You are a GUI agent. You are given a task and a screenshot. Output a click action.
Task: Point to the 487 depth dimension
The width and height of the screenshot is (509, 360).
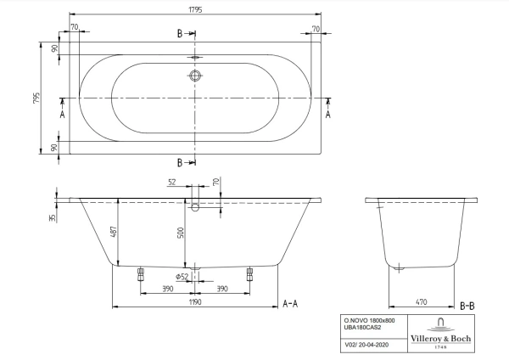pos(113,232)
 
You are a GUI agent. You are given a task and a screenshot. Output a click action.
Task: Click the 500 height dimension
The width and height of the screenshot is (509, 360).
pos(181,233)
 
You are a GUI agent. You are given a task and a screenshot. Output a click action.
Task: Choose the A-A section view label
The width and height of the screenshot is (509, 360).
pos(288,303)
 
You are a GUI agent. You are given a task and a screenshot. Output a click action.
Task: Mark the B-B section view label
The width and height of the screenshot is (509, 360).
pos(467,303)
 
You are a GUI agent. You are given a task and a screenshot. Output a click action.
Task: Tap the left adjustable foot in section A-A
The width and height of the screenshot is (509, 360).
pos(141,274)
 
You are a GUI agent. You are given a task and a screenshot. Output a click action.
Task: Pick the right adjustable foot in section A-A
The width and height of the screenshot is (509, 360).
pos(249,274)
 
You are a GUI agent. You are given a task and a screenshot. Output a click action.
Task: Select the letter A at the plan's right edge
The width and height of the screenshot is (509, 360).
pos(328,112)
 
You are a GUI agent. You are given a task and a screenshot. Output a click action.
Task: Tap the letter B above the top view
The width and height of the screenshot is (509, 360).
pos(179,34)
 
